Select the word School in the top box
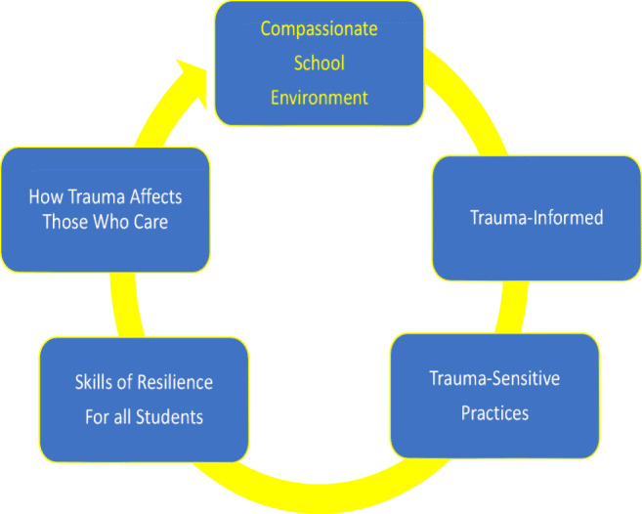pos(320,63)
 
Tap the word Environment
pos(320,98)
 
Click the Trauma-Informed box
pos(535,218)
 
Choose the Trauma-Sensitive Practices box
pos(494,395)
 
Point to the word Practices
pos(494,413)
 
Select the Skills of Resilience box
pos(144,399)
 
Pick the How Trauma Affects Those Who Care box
pos(105,209)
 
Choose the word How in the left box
pos(43,197)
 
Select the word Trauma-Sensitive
pos(494,377)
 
